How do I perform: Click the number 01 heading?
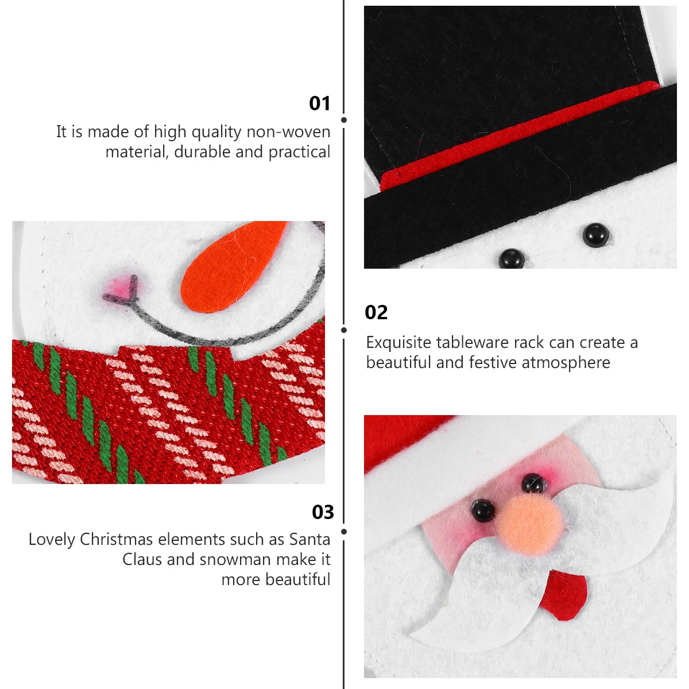point(320,103)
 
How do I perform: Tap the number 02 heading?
point(376,312)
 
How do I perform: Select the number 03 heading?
point(323,512)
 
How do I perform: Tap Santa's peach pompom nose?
point(529,522)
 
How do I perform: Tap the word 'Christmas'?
point(117,540)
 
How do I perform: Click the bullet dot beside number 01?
point(344,120)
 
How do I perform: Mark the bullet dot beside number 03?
point(344,532)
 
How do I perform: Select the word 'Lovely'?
point(52,540)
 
